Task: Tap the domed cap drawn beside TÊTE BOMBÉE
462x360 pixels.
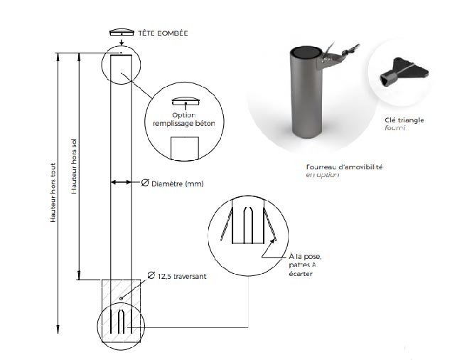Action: click(122, 32)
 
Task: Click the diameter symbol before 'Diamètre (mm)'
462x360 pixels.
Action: click(144, 184)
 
